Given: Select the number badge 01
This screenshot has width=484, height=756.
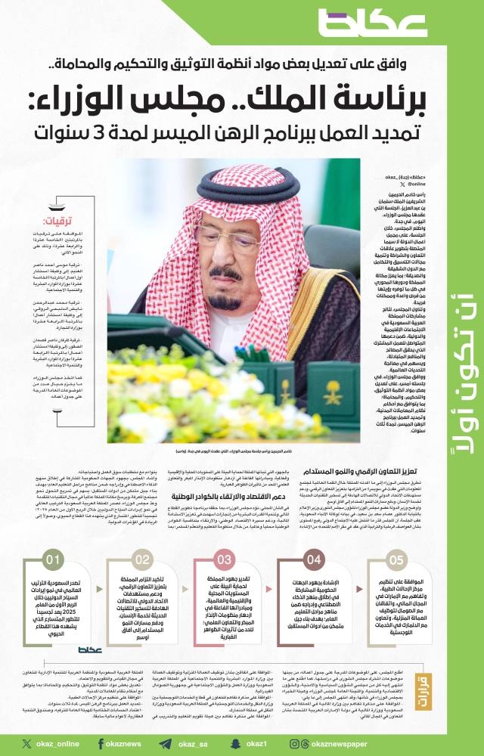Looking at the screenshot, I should pos(54,560).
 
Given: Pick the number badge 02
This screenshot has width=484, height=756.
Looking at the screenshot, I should pos(142,560).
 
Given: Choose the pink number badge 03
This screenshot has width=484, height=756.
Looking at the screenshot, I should pos(225,560).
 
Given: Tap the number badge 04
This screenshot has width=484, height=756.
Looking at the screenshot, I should pos(313,560).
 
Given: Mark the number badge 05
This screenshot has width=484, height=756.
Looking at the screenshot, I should pos(396,560).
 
